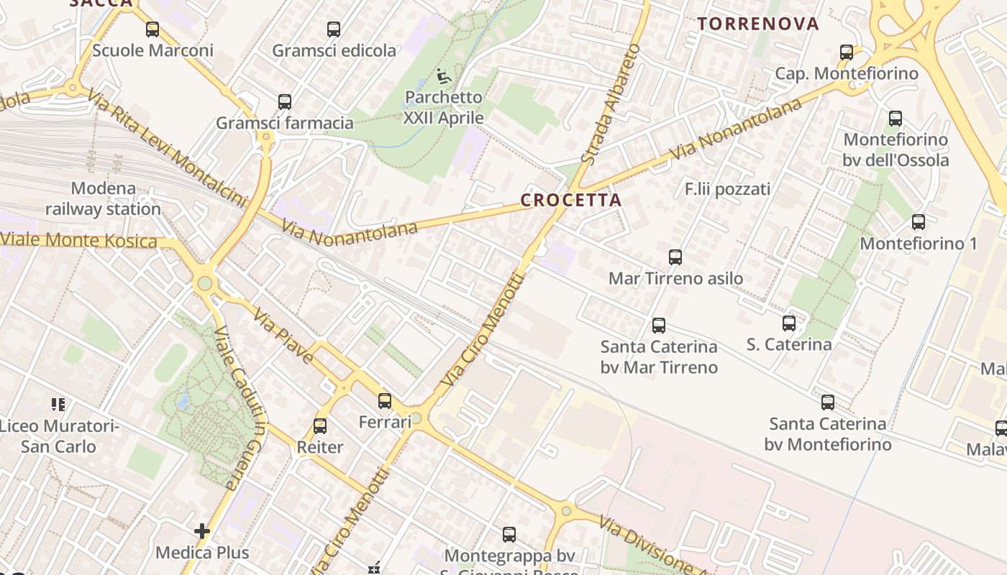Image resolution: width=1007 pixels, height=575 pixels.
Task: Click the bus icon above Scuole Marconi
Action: tap(152, 29)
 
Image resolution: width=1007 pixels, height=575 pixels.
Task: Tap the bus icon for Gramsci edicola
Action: tap(334, 29)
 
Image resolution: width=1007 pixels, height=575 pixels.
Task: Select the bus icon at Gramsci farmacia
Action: tap(285, 102)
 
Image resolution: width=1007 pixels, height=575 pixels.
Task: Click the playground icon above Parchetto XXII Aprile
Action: tap(443, 75)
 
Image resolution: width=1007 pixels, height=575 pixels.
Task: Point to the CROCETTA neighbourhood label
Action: tap(570, 201)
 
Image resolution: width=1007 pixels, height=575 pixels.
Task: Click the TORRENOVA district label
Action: tap(758, 24)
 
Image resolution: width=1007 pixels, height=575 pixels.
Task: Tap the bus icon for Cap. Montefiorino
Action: tap(847, 52)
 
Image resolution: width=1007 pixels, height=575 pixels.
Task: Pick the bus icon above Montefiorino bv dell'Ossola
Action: tap(896, 119)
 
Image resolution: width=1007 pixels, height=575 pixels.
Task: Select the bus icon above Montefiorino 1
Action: tap(919, 222)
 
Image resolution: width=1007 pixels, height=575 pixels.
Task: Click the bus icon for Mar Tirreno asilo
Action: tap(675, 257)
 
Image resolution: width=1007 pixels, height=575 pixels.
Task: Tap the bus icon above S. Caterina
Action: tap(789, 323)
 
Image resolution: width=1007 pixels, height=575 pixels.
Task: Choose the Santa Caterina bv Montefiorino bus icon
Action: tap(828, 402)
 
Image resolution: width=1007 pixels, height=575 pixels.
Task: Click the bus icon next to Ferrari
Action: tap(385, 401)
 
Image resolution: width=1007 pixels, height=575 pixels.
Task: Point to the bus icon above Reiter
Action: tap(320, 426)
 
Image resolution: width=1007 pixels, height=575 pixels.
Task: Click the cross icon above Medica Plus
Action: tap(202, 531)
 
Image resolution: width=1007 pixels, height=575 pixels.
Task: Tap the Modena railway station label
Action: tap(104, 199)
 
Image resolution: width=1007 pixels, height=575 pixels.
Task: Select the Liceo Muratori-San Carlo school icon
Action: tap(58, 405)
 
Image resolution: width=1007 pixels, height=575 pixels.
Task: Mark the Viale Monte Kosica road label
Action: tap(79, 240)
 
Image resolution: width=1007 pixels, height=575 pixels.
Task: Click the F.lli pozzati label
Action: tap(727, 189)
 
